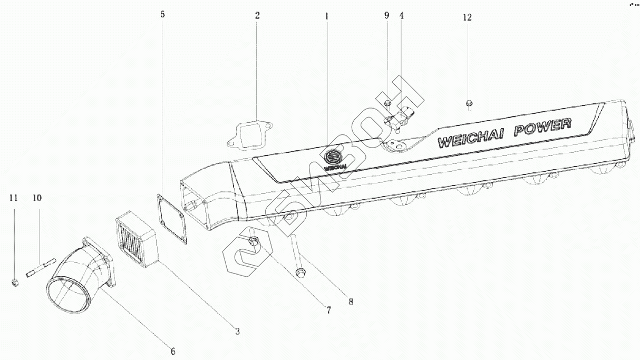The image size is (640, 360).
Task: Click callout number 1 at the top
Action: [326, 16]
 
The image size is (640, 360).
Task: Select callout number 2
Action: [257, 15]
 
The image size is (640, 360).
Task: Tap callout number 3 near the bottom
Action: [237, 331]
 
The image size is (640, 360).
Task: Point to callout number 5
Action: [162, 14]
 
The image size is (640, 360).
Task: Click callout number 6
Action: [172, 351]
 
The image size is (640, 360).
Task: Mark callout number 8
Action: [351, 302]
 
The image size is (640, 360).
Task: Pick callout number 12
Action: [467, 17]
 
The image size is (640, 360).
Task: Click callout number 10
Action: [37, 198]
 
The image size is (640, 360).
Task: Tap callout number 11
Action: [14, 198]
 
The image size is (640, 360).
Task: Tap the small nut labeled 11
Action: [15, 283]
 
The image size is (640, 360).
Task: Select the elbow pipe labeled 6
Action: [79, 279]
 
